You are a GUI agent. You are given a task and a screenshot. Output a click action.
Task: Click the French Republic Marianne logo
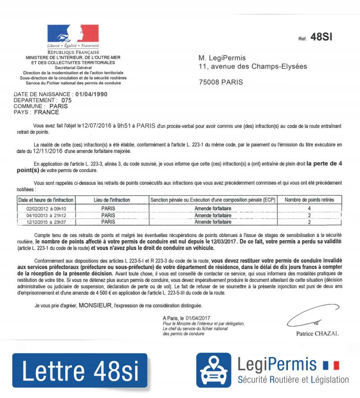tap(73, 34)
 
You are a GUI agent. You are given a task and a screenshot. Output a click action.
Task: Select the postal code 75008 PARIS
tap(220, 82)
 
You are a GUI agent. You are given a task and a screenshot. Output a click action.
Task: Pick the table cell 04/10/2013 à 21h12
tap(46, 215)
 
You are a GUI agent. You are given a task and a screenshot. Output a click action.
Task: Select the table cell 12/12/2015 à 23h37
tap(46, 222)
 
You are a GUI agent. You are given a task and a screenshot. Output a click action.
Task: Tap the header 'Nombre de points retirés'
tap(309, 200)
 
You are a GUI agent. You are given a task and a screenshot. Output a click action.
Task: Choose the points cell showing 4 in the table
tap(309, 209)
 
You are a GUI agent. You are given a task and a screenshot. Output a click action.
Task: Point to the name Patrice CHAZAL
tap(317, 334)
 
